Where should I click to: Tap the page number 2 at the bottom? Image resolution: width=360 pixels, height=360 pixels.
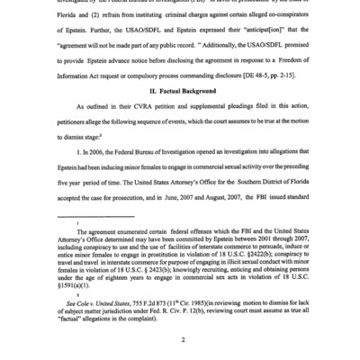click(181, 341)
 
